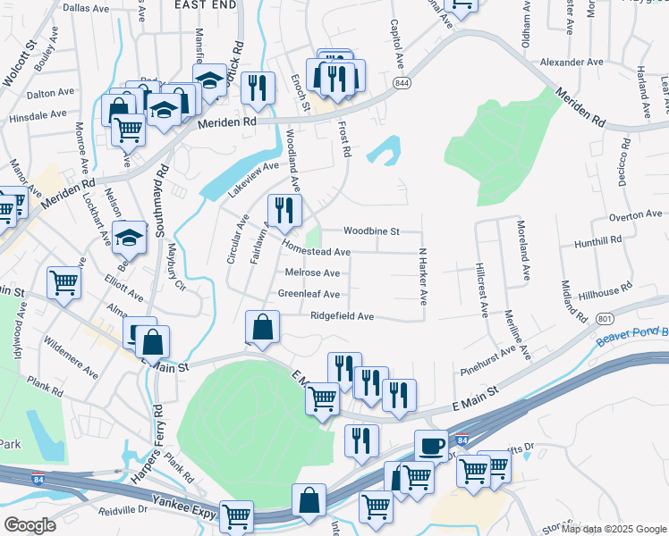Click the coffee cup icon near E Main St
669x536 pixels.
(x=431, y=444)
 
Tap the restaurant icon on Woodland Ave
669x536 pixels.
(x=284, y=210)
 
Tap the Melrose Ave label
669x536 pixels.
(x=312, y=272)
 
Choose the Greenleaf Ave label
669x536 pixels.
(x=309, y=294)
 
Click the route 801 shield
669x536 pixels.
(x=605, y=318)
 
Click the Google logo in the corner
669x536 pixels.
(x=30, y=524)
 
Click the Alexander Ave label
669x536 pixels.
(x=572, y=63)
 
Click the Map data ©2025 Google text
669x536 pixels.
(x=613, y=529)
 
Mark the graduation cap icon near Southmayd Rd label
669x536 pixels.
(x=131, y=237)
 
